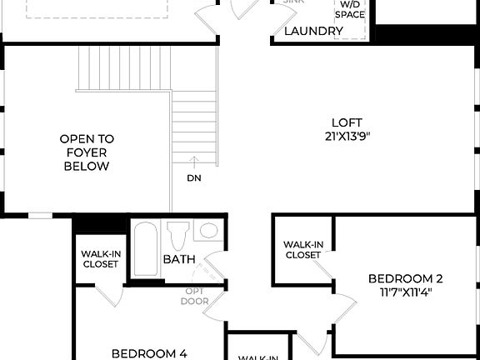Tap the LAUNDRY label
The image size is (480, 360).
(x=314, y=32)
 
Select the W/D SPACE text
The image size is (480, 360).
(x=350, y=9)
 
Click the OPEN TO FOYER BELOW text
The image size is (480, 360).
(x=87, y=152)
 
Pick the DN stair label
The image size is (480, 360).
(x=193, y=177)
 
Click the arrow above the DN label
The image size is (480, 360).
(x=193, y=162)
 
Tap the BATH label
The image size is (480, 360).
(x=178, y=259)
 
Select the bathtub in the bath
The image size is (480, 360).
(x=146, y=248)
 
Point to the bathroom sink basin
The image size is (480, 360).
(x=208, y=230)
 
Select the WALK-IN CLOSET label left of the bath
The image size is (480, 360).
(x=99, y=259)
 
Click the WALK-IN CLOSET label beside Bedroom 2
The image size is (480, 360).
(x=303, y=249)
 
